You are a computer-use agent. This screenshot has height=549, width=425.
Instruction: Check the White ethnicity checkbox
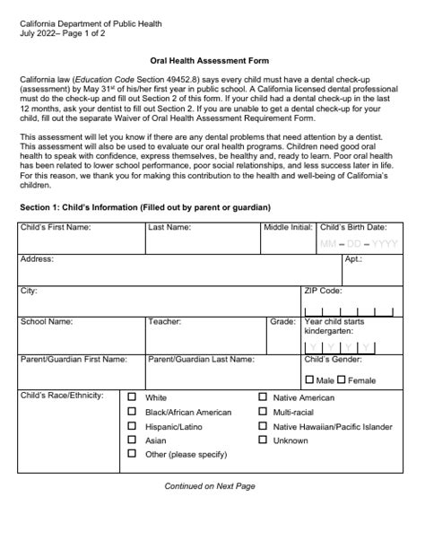click(x=133, y=397)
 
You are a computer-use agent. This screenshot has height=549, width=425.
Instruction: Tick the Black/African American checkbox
click(x=133, y=412)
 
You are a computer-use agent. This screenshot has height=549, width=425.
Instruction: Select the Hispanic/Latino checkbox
click(x=133, y=426)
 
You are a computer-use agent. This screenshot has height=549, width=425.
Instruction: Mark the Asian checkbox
click(x=133, y=440)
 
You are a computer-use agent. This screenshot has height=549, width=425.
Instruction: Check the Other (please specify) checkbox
click(x=133, y=455)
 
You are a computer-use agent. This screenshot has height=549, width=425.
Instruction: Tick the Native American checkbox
click(x=262, y=397)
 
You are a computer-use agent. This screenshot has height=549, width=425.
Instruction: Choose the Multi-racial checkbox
click(x=262, y=412)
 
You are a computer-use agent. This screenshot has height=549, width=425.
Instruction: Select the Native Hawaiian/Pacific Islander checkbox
click(x=262, y=426)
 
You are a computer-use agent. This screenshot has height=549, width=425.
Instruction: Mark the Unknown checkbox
click(x=262, y=440)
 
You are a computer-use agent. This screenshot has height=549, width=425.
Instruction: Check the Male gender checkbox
click(x=309, y=379)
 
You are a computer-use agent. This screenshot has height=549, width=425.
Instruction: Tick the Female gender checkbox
click(x=342, y=379)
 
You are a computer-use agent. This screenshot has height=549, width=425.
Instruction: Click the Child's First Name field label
click(x=55, y=227)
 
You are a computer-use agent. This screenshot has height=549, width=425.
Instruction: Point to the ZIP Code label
click(x=323, y=291)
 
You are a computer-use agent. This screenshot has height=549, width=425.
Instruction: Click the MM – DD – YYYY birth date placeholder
click(x=358, y=244)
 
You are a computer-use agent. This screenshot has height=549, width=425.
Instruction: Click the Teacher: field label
click(x=165, y=321)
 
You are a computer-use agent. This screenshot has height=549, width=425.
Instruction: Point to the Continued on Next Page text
click(x=210, y=485)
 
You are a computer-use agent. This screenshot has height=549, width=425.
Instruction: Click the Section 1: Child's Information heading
click(x=144, y=207)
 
